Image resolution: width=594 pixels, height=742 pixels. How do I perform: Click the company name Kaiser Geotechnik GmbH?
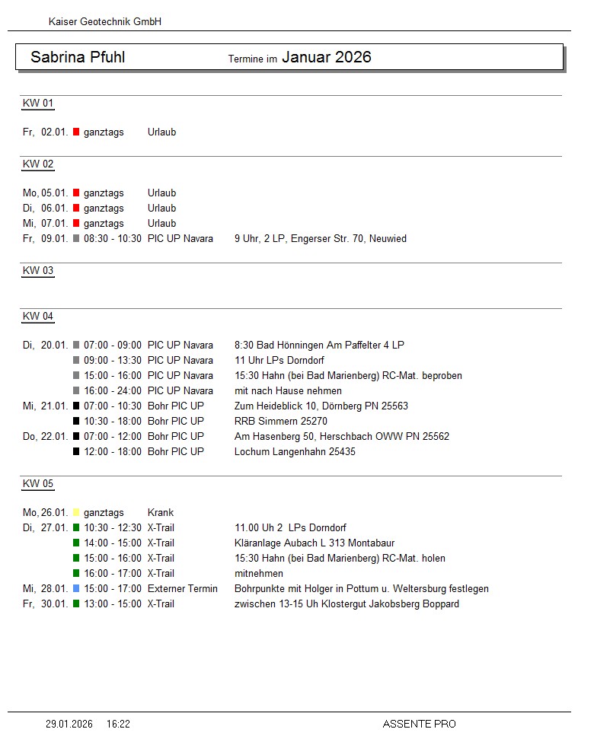pos(105,22)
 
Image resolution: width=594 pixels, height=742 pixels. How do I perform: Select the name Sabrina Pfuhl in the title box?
pos(78,57)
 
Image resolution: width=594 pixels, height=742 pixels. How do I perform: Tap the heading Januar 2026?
pos(327,57)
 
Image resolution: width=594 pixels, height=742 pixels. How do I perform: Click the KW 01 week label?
pos(38,103)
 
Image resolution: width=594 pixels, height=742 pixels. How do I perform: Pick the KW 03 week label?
pos(38,271)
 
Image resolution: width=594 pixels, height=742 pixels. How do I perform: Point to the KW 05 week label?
pos(38,484)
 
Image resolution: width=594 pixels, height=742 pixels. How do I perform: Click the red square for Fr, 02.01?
pos(76,132)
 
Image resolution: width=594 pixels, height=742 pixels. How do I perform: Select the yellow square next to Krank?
pos(76,513)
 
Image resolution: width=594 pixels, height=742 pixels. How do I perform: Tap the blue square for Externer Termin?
pos(76,589)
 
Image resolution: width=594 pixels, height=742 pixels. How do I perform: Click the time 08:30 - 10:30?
pos(113,239)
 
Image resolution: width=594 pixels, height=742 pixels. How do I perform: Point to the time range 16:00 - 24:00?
pos(113,391)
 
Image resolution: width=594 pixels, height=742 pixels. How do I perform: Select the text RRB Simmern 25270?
pos(281,422)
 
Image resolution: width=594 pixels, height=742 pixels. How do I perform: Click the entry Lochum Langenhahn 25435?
pos(295,452)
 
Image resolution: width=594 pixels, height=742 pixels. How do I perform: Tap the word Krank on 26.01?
pos(161,513)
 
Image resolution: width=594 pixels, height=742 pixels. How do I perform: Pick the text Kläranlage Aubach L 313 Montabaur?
pos(315,543)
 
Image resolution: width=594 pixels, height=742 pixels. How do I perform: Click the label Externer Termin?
pos(183,589)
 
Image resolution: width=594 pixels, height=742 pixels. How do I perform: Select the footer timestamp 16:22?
pos(118,724)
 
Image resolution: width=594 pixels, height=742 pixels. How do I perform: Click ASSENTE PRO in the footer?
pos(419,724)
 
